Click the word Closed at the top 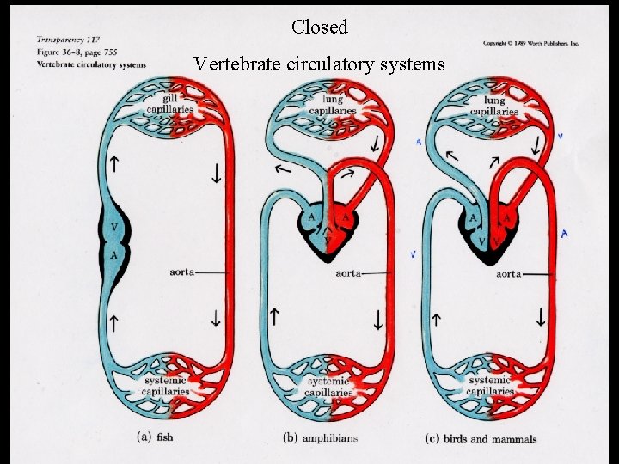pos(319,27)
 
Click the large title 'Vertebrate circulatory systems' pos(319,64)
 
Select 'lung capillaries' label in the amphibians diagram pos(334,105)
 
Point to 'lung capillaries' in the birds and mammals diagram pos(494,105)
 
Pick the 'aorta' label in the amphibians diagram pos(348,273)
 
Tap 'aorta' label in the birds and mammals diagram pos(508,274)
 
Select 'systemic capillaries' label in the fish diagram pos(167,385)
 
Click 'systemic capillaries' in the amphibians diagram pos(328,387)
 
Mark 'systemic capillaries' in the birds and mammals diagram pos(490,385)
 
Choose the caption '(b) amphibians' pos(320,437)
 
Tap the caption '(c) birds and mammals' pos(481,438)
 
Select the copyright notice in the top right pos(530,42)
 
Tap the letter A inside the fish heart pos(115,255)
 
